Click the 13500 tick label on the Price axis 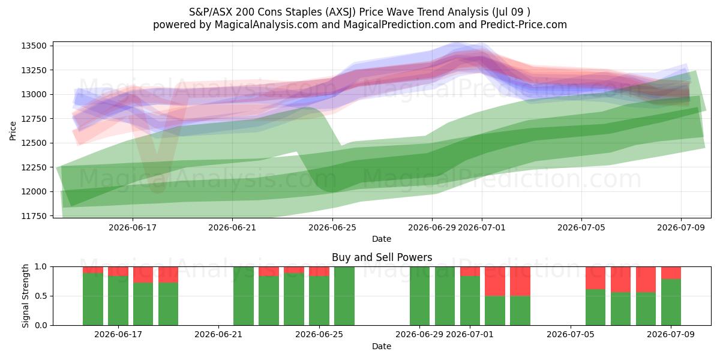[x=34, y=46]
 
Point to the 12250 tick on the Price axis [x=34, y=167]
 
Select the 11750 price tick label [x=34, y=216]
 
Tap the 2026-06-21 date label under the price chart [x=232, y=227]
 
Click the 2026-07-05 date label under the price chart [x=581, y=227]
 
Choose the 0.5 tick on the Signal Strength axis [x=41, y=296]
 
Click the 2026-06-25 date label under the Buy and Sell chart [x=319, y=334]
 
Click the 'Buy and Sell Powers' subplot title [x=382, y=257]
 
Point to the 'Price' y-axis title [x=13, y=131]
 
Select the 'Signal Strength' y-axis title [x=25, y=296]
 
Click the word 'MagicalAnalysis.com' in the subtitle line [x=266, y=25]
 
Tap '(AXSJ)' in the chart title [x=340, y=12]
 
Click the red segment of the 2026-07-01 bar [x=470, y=271]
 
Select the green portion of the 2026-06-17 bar [x=118, y=301]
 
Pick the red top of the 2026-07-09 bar [x=671, y=273]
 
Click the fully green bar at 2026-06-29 [x=420, y=296]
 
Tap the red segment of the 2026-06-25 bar [x=319, y=271]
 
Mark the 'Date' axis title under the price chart [x=382, y=239]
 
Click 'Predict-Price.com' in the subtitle [x=524, y=25]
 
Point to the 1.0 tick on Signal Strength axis [x=41, y=267]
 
